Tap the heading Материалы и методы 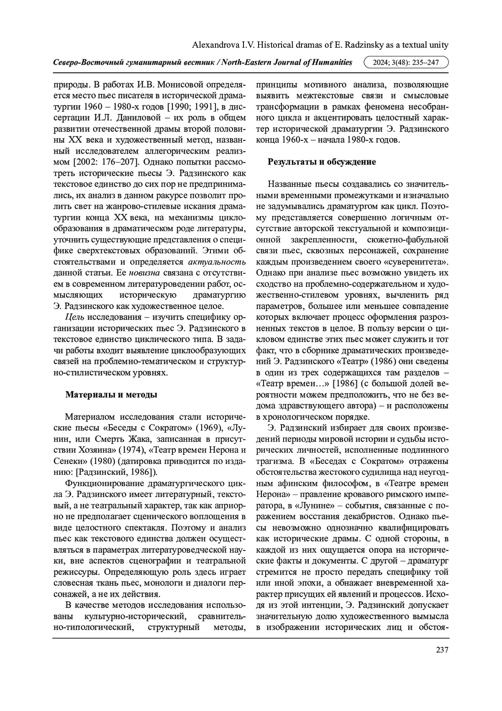(x=111, y=394)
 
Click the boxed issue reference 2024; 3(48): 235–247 (x=407, y=62)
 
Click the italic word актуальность (x=217, y=262)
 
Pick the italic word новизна (x=144, y=273)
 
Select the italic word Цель (x=74, y=317)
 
